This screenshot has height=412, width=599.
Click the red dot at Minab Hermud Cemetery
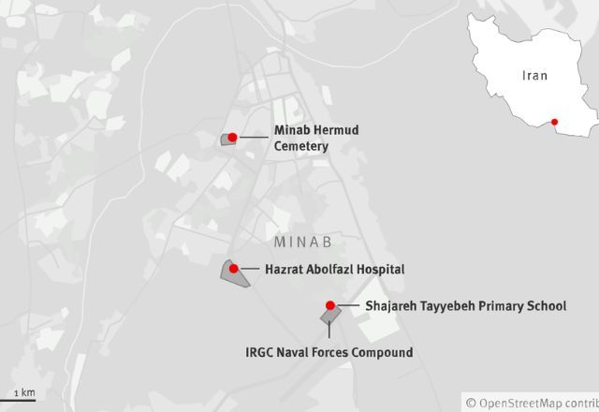(232, 138)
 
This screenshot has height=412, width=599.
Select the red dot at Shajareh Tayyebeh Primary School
(330, 305)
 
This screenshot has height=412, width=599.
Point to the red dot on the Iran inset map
(555, 122)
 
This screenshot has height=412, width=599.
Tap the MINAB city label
(304, 242)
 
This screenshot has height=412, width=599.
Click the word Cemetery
(301, 146)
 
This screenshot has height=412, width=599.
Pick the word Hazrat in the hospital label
(285, 269)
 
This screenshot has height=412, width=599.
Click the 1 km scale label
(24, 391)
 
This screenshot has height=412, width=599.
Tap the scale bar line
(18, 400)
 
